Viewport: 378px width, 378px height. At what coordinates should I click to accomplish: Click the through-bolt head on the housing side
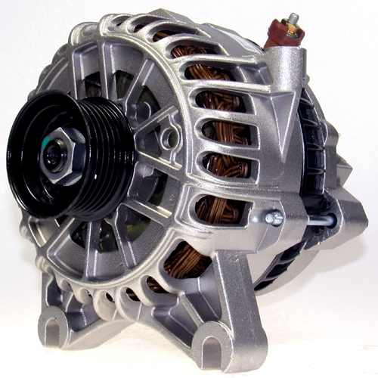pos(274,219)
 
